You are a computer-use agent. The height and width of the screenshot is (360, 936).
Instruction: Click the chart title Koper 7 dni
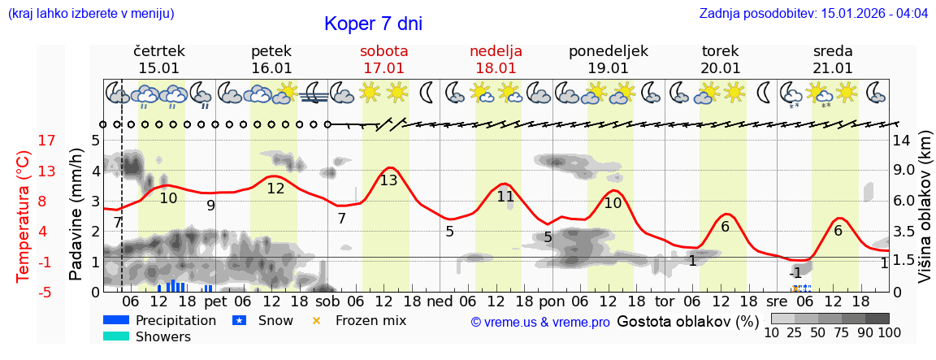373,24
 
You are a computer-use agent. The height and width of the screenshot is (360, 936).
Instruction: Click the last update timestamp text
813,14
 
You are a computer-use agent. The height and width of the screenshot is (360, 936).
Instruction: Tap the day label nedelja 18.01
496,59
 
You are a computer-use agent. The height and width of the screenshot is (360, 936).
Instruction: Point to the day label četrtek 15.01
159,59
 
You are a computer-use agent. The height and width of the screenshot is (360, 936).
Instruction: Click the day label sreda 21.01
833,59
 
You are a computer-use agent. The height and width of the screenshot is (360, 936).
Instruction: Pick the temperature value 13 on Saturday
388,180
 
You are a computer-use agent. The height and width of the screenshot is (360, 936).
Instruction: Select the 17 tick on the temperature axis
47,141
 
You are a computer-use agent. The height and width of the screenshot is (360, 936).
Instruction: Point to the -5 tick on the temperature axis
47,292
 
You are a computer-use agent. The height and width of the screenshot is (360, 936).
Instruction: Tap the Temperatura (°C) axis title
24,216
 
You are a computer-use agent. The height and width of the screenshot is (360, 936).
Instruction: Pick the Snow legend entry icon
240,320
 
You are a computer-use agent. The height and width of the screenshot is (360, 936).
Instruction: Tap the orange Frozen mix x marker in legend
317,320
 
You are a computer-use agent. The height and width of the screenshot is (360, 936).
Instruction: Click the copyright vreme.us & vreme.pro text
540,322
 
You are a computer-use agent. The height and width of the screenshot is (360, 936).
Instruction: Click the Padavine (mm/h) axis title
76,215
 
